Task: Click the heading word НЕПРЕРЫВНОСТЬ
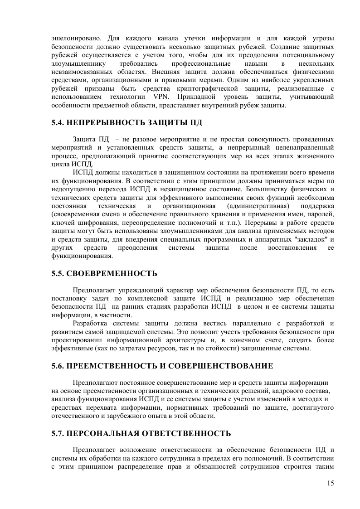(x=107, y=123)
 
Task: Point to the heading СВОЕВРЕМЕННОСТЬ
(x=112, y=273)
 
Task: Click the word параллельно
(x=238, y=323)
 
